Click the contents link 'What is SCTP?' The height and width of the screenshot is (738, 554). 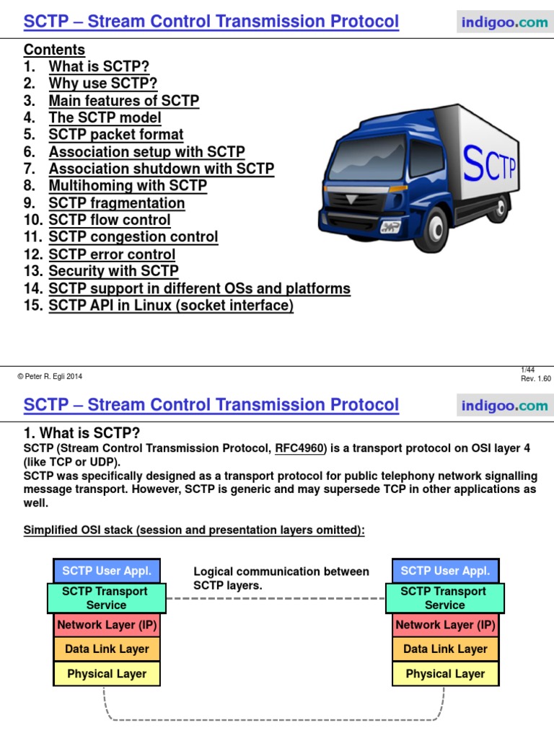[x=99, y=67]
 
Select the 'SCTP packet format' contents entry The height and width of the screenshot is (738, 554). [x=116, y=135]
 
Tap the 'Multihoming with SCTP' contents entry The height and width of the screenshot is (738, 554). [x=128, y=186]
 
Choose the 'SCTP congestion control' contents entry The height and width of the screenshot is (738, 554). [x=133, y=237]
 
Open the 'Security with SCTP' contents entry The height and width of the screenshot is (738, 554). [x=113, y=272]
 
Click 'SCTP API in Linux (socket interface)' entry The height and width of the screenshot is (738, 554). [x=171, y=306]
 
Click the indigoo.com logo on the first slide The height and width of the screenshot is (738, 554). [x=504, y=22]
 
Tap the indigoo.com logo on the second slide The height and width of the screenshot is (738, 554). [x=504, y=406]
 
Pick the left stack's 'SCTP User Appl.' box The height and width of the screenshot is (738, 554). [x=107, y=571]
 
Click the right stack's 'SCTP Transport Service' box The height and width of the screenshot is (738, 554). [x=445, y=598]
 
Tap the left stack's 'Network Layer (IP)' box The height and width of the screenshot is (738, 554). [x=107, y=625]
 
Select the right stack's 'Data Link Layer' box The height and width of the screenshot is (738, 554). [x=445, y=649]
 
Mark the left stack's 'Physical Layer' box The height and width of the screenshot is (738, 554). [x=107, y=674]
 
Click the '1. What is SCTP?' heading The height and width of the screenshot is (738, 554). [x=82, y=432]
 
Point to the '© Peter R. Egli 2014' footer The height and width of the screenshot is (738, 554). [x=50, y=376]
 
